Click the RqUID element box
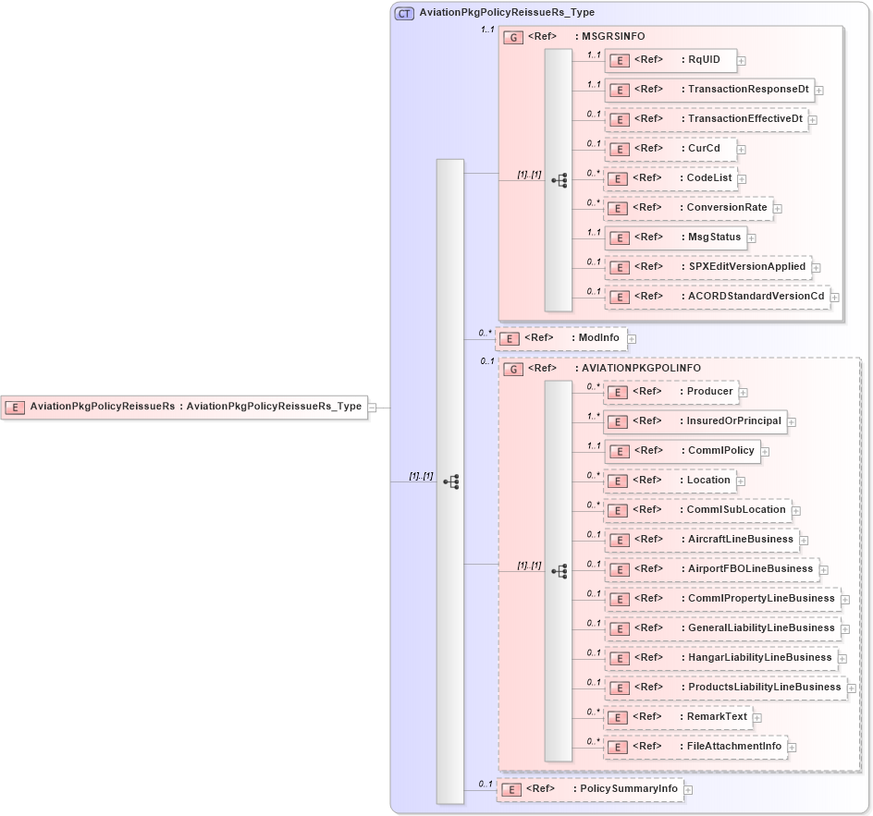670,60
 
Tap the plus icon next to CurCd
742,149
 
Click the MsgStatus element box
676,237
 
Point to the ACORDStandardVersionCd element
718,297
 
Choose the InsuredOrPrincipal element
695,421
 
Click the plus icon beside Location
742,481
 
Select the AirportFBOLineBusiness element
710,569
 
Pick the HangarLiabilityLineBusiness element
720,658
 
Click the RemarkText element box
677,717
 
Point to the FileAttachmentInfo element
695,747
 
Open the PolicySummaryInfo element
591,789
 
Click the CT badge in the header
405,14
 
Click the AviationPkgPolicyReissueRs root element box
184,407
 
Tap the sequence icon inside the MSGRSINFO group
559,181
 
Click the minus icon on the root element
372,407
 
